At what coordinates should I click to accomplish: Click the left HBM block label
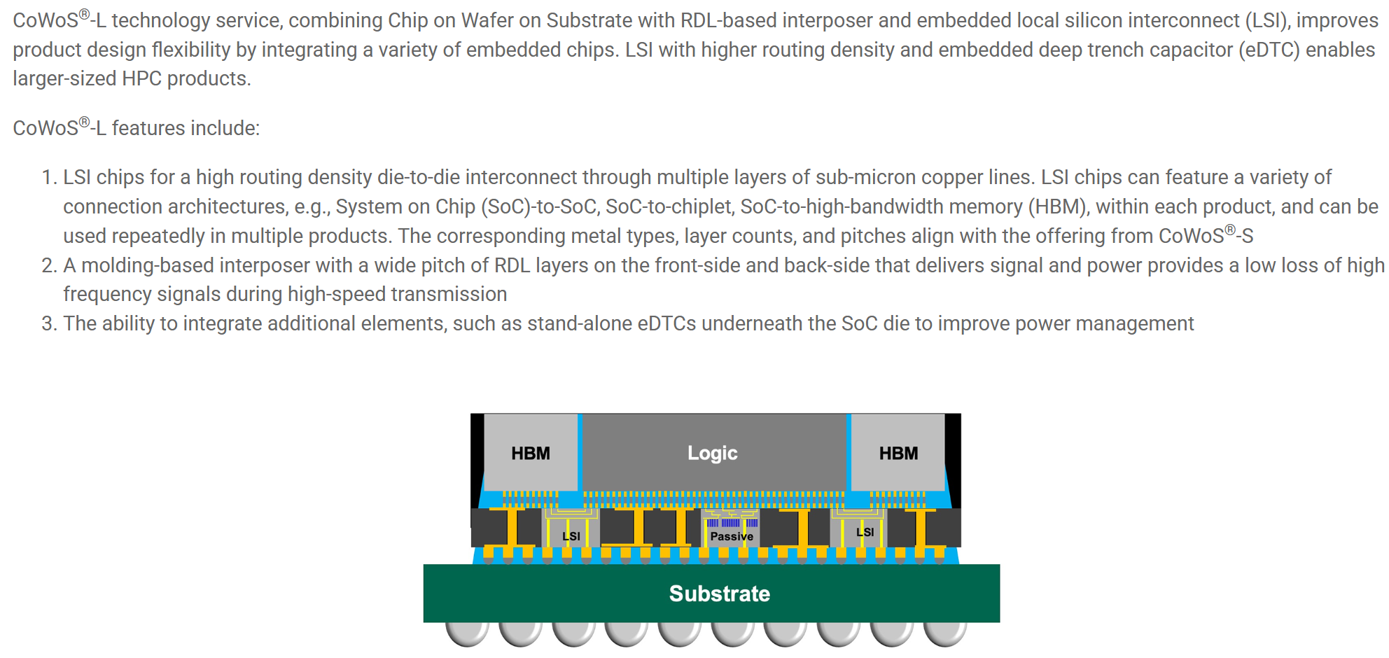530,454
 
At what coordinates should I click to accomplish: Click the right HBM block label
898,454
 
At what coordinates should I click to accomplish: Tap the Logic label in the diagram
712,454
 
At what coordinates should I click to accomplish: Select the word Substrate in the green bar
719,594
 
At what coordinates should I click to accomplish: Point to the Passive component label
732,536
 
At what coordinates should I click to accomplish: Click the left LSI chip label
571,536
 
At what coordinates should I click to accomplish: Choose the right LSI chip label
865,532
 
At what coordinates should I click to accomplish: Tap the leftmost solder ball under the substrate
467,632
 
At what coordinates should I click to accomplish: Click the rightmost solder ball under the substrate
945,632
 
